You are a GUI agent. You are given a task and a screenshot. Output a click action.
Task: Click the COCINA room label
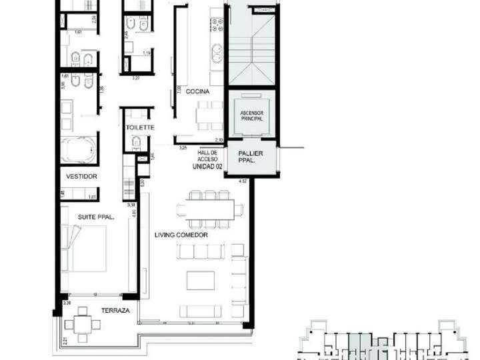pos(198,91)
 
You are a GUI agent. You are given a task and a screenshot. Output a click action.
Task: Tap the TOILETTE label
pos(140,127)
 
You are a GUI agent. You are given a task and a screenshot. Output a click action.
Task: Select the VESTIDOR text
pos(82,177)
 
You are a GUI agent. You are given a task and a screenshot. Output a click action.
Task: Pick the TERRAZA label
pos(116,311)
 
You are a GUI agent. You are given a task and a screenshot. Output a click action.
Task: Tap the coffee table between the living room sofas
pos(199,280)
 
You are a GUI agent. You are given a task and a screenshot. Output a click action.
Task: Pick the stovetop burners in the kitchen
pos(217,27)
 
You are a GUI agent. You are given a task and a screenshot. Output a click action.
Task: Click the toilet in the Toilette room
pos(135,142)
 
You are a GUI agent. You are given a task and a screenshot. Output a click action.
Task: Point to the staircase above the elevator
pos(251,43)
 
